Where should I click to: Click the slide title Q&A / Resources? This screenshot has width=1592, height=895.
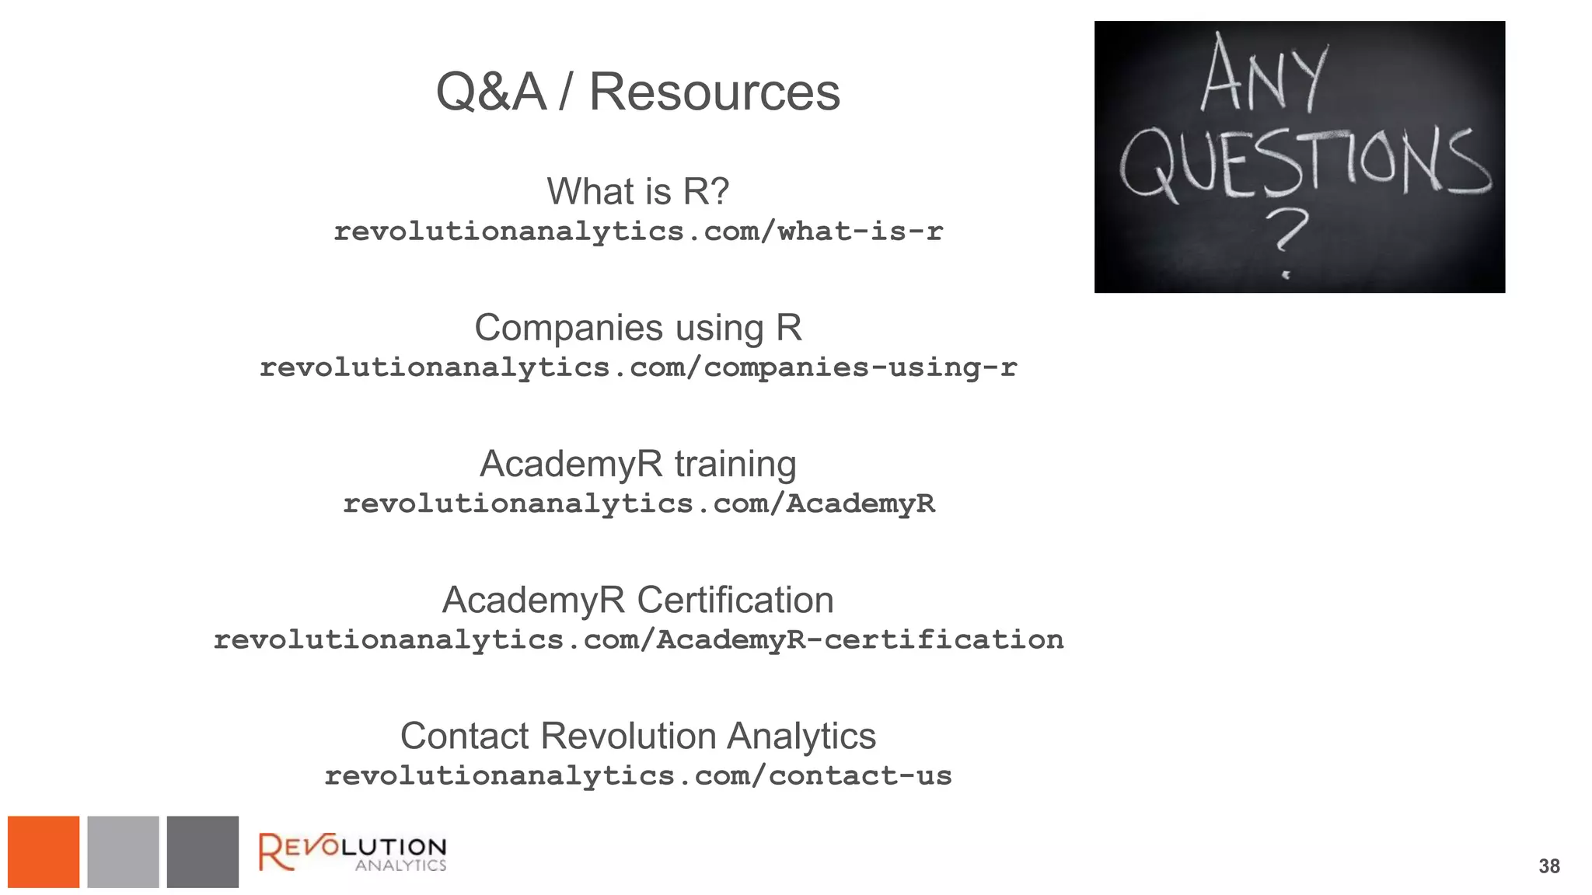[x=637, y=92]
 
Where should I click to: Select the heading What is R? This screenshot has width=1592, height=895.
[x=637, y=191]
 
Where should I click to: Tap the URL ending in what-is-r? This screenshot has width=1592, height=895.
[x=637, y=232]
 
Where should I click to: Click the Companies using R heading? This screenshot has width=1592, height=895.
[x=637, y=328]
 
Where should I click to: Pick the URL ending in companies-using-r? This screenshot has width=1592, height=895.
[x=637, y=367]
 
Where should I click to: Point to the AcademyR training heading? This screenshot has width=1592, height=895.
[x=637, y=464]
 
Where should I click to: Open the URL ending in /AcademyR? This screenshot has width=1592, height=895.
[x=637, y=504]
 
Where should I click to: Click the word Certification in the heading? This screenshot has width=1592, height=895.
[x=735, y=600]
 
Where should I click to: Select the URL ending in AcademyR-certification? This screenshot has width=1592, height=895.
[x=637, y=640]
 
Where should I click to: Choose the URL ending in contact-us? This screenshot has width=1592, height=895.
[x=637, y=776]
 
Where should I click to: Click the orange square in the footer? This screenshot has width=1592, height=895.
[x=44, y=851]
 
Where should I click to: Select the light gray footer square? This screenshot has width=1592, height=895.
[x=123, y=851]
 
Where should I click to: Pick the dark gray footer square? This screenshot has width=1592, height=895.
[x=202, y=851]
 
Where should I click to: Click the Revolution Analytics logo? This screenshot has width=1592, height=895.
[x=352, y=851]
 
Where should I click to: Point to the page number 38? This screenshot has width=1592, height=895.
[x=1548, y=866]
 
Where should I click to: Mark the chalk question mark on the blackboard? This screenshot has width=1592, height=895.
[x=1287, y=237]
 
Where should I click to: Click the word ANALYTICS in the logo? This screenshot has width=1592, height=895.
[x=400, y=865]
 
